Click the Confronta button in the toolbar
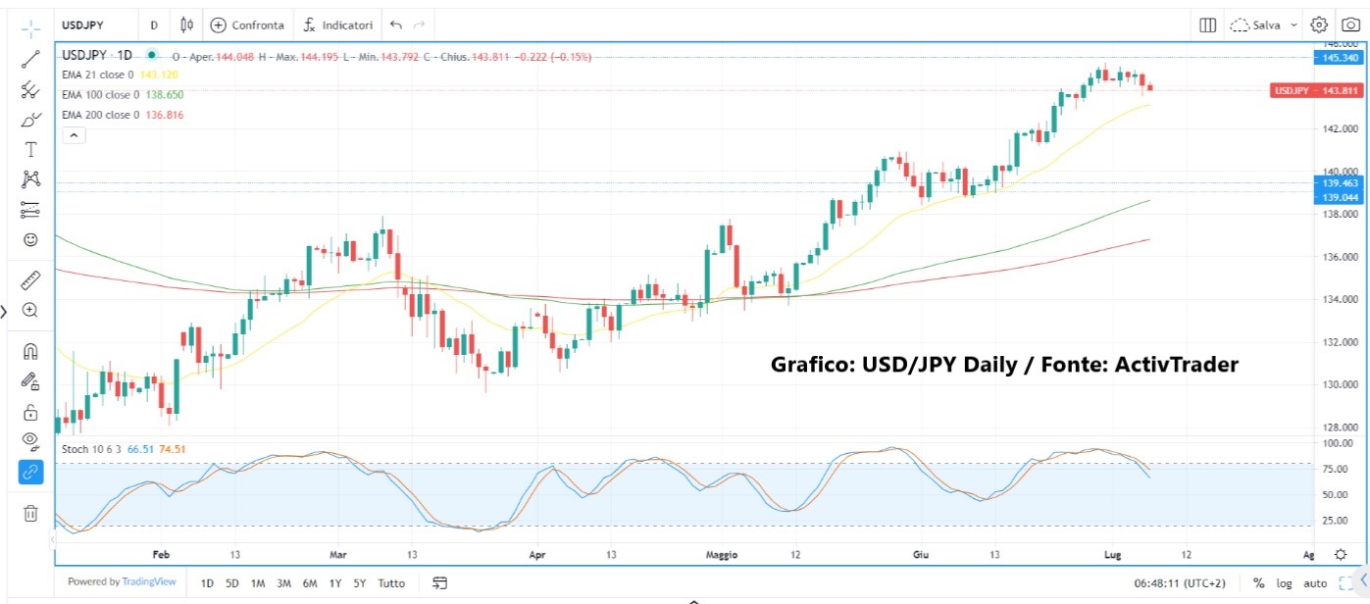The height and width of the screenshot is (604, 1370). (x=247, y=25)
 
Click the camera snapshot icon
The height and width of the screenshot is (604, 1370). (x=1349, y=25)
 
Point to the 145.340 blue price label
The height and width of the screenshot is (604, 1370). (x=1339, y=58)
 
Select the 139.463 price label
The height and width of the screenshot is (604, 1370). (x=1339, y=183)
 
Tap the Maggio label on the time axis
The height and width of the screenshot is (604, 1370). (x=721, y=555)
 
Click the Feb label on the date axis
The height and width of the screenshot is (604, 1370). (x=162, y=555)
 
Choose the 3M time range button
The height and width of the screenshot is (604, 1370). (x=283, y=583)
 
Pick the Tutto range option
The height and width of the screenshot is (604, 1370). (x=390, y=583)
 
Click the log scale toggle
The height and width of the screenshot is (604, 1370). (x=1284, y=583)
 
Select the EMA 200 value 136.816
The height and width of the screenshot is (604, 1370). (x=164, y=115)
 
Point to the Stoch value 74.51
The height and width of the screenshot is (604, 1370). (x=173, y=449)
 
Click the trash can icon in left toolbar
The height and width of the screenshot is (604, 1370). (x=30, y=513)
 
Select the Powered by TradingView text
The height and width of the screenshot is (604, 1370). (x=122, y=582)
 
